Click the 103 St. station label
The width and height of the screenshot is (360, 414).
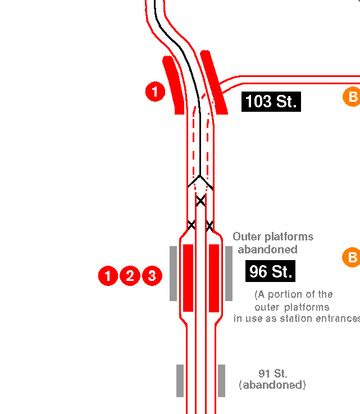pyautogui.click(x=271, y=102)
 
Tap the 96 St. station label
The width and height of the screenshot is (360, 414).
pyautogui.click(x=270, y=271)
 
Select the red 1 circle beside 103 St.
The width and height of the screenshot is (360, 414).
pyautogui.click(x=155, y=92)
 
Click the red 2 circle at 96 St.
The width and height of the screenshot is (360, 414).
pyautogui.click(x=130, y=276)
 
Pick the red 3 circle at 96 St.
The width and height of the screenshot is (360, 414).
pyautogui.click(x=152, y=276)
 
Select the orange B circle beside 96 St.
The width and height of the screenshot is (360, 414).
pyautogui.click(x=352, y=258)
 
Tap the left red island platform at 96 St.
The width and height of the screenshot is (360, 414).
pyautogui.click(x=188, y=277)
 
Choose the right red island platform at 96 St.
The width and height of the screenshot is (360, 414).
pyautogui.click(x=214, y=277)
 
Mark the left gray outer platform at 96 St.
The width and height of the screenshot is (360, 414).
pyautogui.click(x=173, y=273)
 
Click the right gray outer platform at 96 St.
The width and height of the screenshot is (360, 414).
pyautogui.click(x=229, y=273)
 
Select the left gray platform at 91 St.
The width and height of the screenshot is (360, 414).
pyautogui.click(x=180, y=380)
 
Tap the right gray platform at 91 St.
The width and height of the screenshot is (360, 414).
pyautogui.click(x=222, y=380)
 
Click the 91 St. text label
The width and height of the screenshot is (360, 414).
pyautogui.click(x=273, y=374)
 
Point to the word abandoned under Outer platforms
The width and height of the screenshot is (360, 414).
pyautogui.click(x=267, y=249)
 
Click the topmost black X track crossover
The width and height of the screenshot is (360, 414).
pyautogui.click(x=200, y=200)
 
